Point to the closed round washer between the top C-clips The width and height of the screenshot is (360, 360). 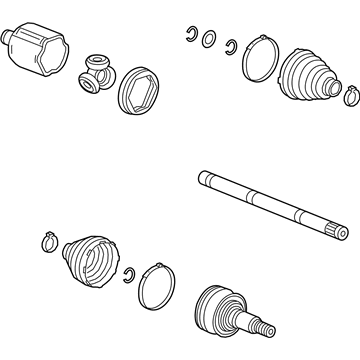(x=210, y=40)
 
